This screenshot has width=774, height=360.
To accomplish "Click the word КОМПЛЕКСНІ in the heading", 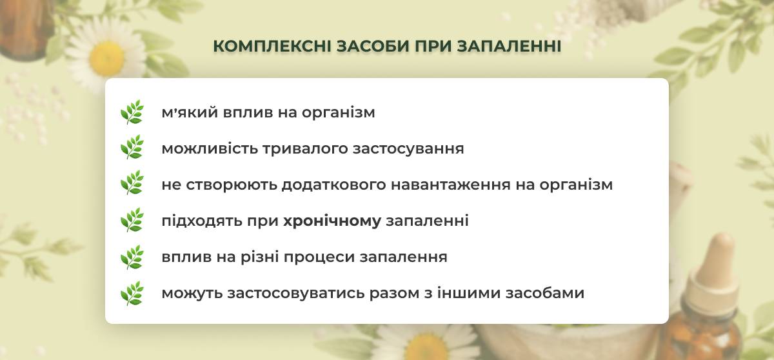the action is click(x=272, y=46).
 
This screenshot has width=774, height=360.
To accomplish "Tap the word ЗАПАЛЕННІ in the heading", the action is click(x=510, y=46).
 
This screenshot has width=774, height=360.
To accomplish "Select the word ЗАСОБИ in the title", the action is click(x=373, y=46).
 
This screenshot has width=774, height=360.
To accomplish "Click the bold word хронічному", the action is click(x=332, y=221).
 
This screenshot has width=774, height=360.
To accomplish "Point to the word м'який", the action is click(x=190, y=113).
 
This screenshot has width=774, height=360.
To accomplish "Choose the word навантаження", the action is click(x=451, y=185).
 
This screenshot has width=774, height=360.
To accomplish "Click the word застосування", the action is click(x=408, y=149).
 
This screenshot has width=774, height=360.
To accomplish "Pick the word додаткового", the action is click(x=334, y=185).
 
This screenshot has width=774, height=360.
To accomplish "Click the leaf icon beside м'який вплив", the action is click(x=132, y=112).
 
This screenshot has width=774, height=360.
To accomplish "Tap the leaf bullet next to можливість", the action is click(x=132, y=147).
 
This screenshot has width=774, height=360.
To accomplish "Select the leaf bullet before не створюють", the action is click(x=132, y=183).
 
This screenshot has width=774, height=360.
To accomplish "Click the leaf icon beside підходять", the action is click(x=132, y=220).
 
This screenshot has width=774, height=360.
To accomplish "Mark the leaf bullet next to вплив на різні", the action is click(x=132, y=257).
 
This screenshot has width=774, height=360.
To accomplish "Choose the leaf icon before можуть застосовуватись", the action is click(x=132, y=293).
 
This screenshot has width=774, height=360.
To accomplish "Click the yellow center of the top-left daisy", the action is click(x=106, y=57).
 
